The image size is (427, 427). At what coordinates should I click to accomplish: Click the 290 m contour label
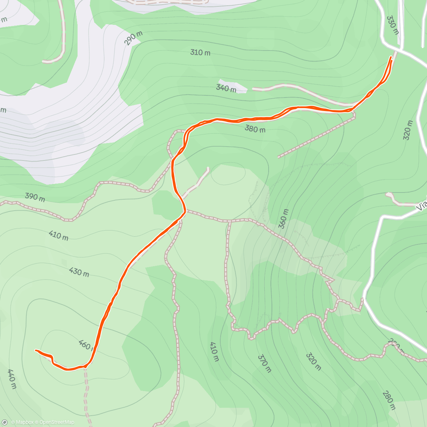coord(133,38)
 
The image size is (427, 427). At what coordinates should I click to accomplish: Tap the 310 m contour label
coord(200,53)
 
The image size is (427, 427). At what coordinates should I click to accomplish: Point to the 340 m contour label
coord(226,88)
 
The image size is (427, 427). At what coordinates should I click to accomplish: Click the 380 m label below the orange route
coord(255,129)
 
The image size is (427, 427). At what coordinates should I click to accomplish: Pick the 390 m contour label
coord(35,197)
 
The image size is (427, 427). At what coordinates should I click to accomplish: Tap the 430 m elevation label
coord(79,272)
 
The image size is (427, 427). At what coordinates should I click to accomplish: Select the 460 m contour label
coord(85,345)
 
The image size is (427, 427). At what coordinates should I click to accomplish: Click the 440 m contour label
coord(12,379)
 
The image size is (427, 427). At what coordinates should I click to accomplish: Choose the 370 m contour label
coord(264,363)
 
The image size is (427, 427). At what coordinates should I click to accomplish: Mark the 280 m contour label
coord(389,400)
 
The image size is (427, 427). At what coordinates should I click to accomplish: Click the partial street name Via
coord(422,206)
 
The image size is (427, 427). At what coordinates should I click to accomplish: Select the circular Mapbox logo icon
coord(5,422)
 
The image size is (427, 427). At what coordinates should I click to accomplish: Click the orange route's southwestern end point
coord(36,350)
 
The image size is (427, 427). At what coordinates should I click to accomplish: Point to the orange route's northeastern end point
coord(391,57)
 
